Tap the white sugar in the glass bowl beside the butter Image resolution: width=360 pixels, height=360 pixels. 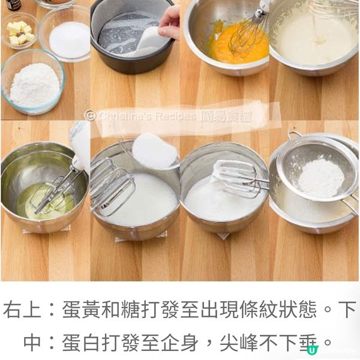click(x=68, y=38)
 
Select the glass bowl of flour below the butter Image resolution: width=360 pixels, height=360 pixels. click(x=33, y=84)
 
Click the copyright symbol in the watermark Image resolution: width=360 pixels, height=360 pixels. click(x=90, y=115)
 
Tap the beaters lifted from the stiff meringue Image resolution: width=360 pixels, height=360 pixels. click(x=237, y=177)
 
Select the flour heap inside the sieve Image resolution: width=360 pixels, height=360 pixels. click(x=322, y=177)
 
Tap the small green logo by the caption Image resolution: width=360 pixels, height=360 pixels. click(x=311, y=350)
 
